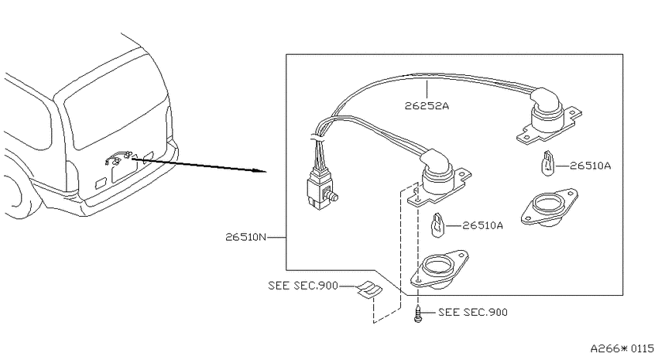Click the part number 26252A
pos(427,106)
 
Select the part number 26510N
pos(246,238)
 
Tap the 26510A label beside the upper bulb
pos(591,166)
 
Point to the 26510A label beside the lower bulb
pos(482,226)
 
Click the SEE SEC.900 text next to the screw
pos(473,312)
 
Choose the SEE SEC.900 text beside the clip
pos(303,286)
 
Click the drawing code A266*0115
pos(622,348)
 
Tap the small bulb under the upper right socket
pos(547,164)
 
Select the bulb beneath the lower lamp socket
pos(437,225)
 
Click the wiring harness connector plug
pos(320,192)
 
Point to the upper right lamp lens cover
pos(549,207)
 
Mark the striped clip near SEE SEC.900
pos(370,290)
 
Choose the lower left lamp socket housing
pos(439,178)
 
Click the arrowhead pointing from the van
pos(262,171)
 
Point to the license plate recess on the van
pos(124,170)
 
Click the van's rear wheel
pos(17,197)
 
